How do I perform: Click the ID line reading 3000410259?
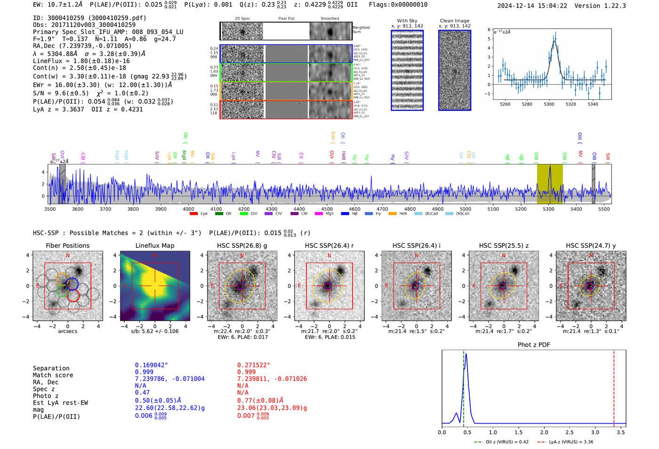[89, 18]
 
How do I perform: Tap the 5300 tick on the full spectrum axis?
[548, 209]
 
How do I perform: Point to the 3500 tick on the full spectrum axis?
[50, 209]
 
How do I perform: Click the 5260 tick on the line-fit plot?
[505, 104]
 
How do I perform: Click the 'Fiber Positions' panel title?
[67, 245]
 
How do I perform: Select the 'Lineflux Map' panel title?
[155, 245]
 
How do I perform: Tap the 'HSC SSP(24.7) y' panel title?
[591, 245]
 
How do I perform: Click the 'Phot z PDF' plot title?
[534, 344]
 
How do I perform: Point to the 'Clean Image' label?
[454, 21]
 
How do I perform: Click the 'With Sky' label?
[407, 21]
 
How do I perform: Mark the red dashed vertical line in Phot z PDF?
[614, 386]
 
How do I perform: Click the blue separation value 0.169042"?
[151, 365]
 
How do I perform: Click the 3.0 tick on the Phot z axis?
[595, 432]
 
